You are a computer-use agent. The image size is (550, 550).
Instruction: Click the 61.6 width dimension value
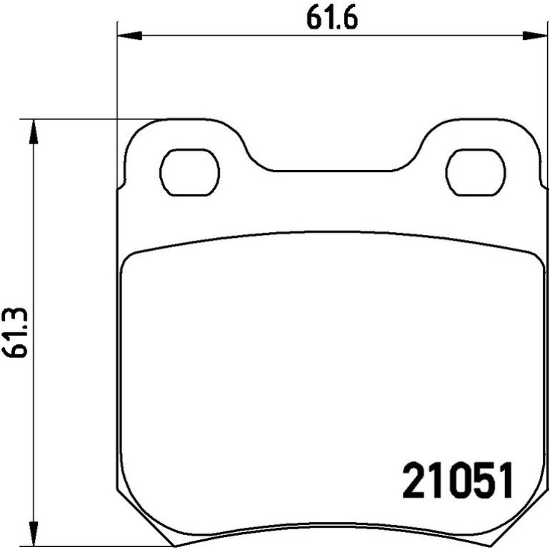click(x=332, y=17)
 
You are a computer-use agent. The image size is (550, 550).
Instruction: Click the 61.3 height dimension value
click(x=14, y=333)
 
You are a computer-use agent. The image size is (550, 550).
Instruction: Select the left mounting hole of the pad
click(x=189, y=172)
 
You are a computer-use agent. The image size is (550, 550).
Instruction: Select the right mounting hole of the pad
click(x=476, y=172)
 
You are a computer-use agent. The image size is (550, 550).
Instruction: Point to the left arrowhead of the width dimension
click(x=129, y=36)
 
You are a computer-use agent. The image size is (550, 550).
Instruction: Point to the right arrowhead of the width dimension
click(x=535, y=36)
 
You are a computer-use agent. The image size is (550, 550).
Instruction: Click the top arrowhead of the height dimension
click(x=34, y=131)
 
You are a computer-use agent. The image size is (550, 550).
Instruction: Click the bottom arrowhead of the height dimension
click(x=34, y=534)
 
